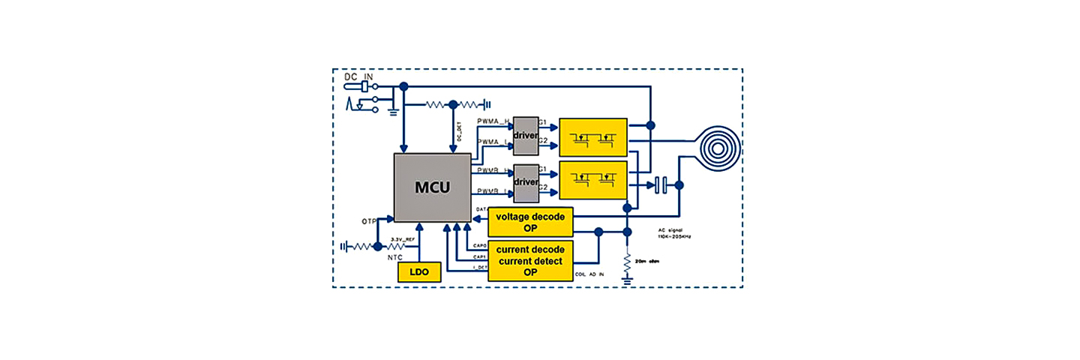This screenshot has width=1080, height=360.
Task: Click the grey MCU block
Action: [x=433, y=187]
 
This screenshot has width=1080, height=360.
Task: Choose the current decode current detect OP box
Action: [x=530, y=260]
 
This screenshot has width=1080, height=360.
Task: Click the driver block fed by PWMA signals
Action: [x=526, y=135]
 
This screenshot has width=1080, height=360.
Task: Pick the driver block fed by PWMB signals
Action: [x=526, y=182]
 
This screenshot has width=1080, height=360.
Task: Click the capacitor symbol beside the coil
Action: [x=660, y=184]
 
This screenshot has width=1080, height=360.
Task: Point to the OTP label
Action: [x=369, y=222]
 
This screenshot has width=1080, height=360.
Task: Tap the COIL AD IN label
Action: [x=590, y=274]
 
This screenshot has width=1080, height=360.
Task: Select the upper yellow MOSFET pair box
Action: [x=593, y=137]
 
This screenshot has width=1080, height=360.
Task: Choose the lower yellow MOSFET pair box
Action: [x=593, y=179]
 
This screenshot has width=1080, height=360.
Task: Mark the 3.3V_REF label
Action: [x=403, y=240]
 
